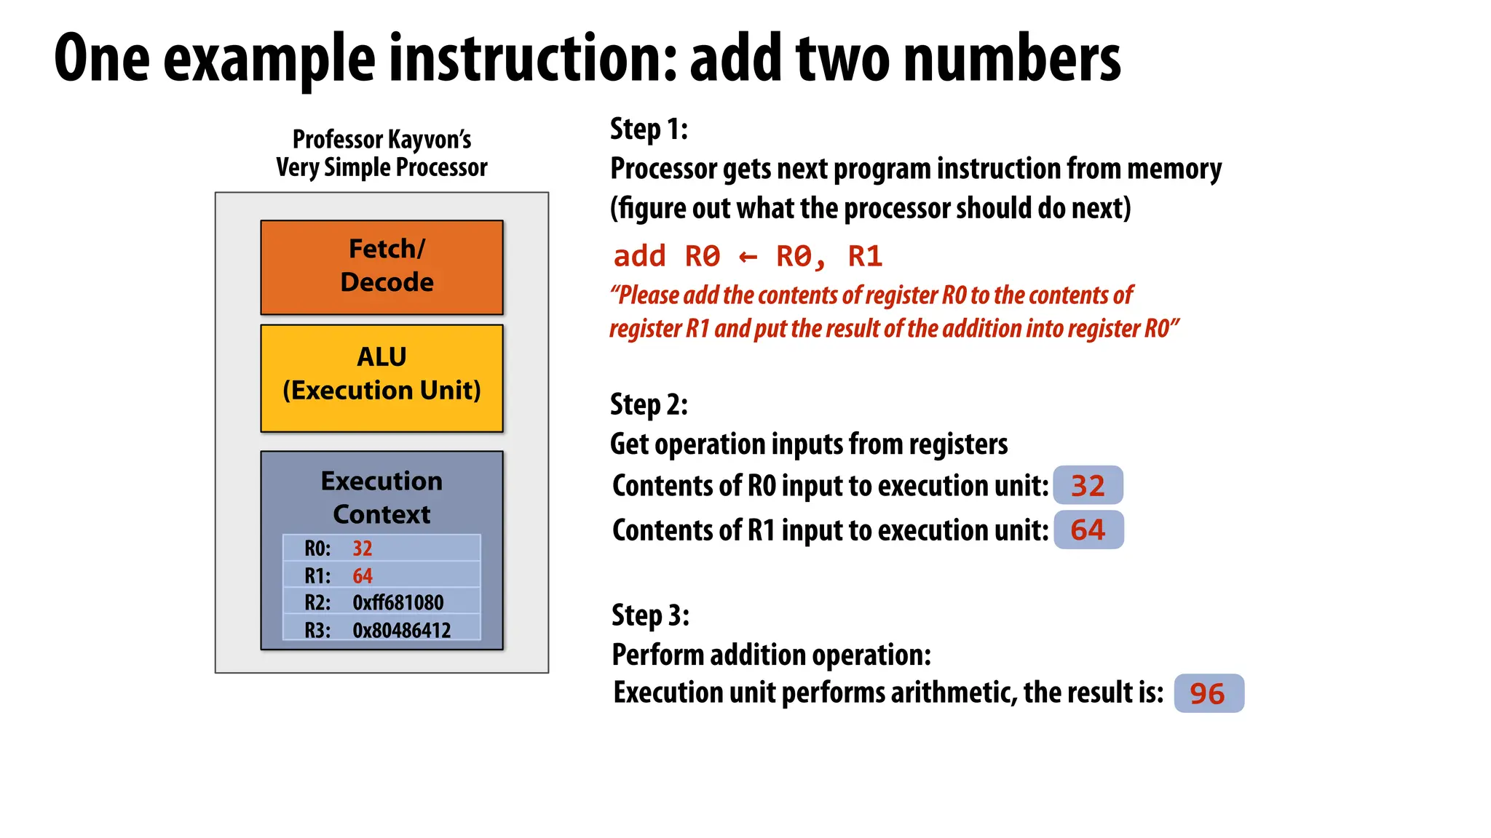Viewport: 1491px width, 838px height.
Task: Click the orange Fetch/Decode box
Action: pos(381,267)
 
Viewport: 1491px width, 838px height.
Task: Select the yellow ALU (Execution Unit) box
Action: pos(381,378)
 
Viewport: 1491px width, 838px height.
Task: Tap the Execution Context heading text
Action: pos(381,498)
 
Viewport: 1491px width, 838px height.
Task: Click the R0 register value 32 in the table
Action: pos(363,548)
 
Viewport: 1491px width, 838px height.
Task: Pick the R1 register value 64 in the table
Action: pos(363,576)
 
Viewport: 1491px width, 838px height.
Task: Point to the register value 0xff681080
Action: pos(398,603)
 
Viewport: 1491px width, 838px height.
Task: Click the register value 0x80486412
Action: pos(401,630)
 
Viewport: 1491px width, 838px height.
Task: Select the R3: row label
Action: pos(317,630)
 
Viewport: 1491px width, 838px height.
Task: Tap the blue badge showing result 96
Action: pos(1209,693)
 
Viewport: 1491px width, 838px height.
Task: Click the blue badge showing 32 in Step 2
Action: pos(1088,485)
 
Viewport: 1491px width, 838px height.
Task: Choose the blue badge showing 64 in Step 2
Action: pos(1088,530)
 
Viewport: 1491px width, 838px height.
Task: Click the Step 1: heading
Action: pos(649,129)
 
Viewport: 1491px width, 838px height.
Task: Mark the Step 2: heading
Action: pos(649,404)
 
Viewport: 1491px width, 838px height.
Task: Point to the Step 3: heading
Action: pos(650,615)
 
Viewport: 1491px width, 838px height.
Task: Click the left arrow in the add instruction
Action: pos(748,257)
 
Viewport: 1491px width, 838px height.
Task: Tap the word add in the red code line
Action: pos(639,256)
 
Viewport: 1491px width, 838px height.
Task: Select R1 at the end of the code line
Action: pos(865,256)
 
